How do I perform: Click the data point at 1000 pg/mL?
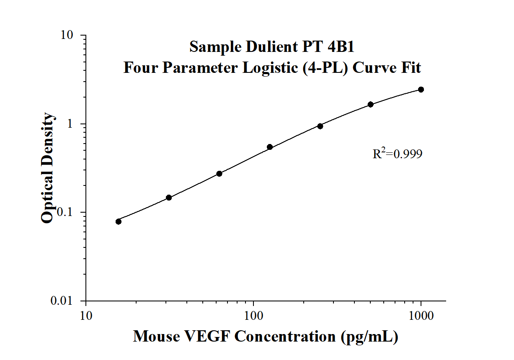pyautogui.click(x=421, y=90)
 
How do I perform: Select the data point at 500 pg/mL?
pyautogui.click(x=371, y=104)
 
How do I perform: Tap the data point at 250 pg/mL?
pyautogui.click(x=320, y=126)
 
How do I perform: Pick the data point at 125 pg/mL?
pyautogui.click(x=270, y=147)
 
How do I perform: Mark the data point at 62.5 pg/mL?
pyautogui.click(x=219, y=174)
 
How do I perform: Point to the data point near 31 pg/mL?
pyautogui.click(x=169, y=198)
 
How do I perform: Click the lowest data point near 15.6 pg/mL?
pyautogui.click(x=119, y=221)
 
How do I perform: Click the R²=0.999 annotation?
pyautogui.click(x=397, y=154)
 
